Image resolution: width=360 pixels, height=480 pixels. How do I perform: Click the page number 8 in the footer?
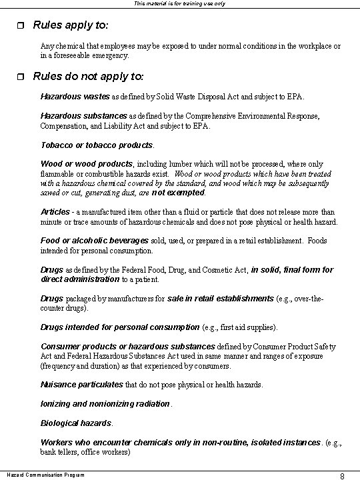342,475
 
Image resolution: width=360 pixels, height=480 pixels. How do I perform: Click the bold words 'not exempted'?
179,192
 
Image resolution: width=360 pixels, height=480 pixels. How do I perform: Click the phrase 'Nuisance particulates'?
82,385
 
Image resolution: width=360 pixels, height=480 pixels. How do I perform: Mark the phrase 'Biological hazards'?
76,423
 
